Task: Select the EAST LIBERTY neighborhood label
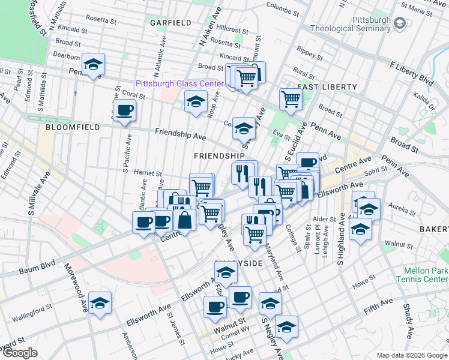327,87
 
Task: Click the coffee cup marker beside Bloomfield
124,110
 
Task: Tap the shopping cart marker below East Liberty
291,99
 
